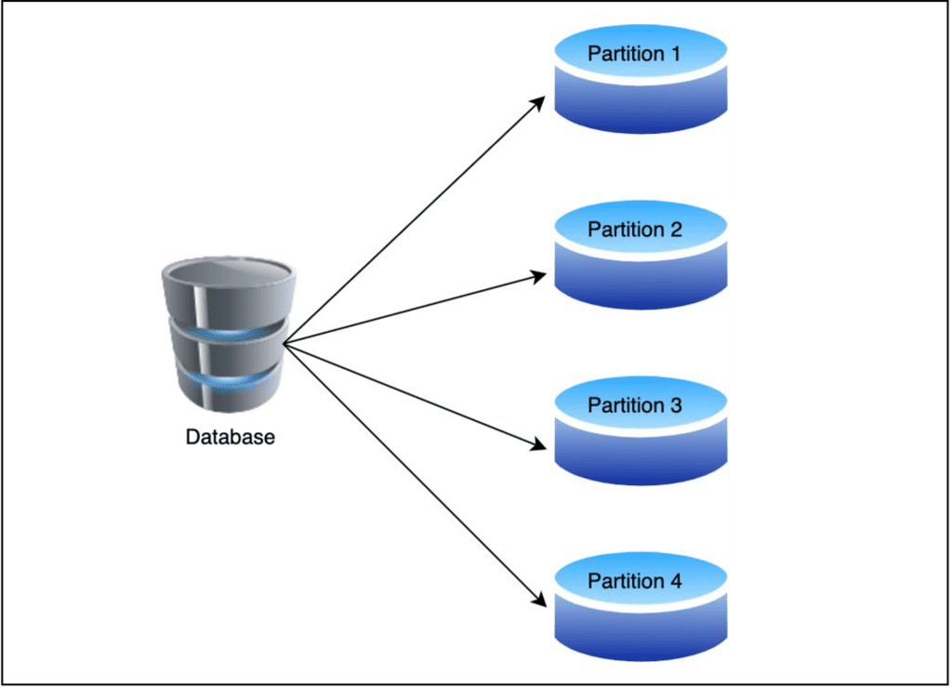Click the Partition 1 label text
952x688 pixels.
pos(634,54)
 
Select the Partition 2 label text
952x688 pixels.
pos(634,230)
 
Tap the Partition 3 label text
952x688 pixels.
pos(634,405)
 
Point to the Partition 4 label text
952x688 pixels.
pos(634,581)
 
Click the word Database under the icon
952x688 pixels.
pos(230,437)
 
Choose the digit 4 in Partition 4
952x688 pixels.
pos(675,581)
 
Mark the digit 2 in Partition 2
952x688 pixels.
pos(675,230)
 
